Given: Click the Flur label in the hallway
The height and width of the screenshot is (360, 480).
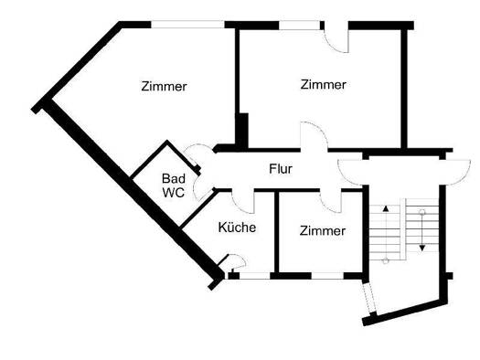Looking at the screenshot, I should [x=280, y=169].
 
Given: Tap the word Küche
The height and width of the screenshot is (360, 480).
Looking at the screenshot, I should [x=237, y=228].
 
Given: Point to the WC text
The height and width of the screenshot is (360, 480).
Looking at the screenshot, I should [x=174, y=193].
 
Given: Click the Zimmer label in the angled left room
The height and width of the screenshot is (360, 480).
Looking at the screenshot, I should [x=165, y=87].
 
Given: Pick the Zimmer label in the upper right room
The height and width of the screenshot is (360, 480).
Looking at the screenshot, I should [x=324, y=85].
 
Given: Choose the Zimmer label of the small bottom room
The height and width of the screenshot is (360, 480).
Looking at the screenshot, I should [x=323, y=231].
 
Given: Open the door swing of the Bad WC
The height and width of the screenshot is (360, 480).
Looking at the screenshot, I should [x=195, y=154].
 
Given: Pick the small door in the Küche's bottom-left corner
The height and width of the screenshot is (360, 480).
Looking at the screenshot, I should [x=231, y=266].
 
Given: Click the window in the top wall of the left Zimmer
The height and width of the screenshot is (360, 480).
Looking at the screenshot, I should [x=187, y=26].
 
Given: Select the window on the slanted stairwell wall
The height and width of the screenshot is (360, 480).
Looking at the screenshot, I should [x=368, y=298].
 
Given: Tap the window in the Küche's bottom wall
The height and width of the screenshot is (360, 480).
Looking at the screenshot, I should [x=251, y=275].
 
